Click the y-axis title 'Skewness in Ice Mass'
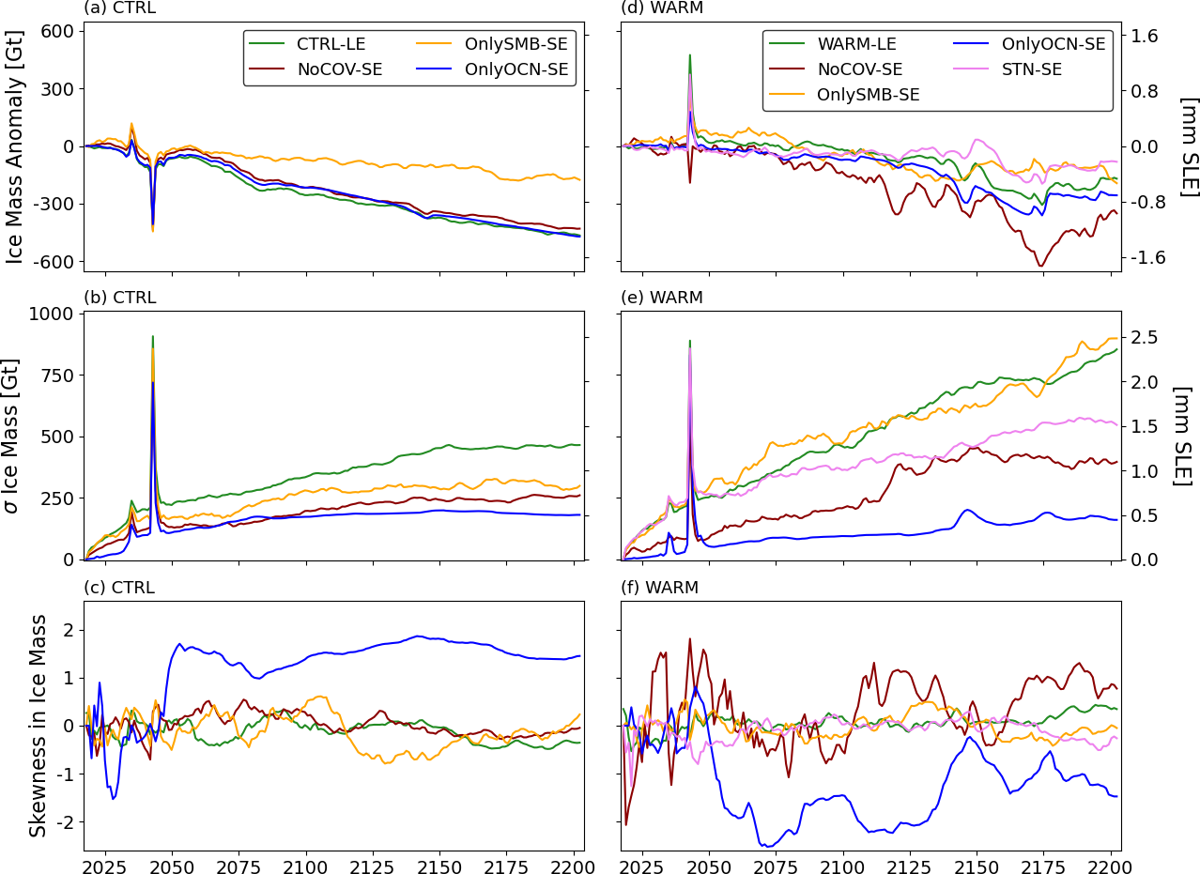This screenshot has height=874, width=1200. (38, 725)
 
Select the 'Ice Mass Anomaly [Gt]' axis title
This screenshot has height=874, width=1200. (16, 146)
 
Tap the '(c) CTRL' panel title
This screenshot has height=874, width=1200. (119, 588)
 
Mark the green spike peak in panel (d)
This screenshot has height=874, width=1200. (689, 55)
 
